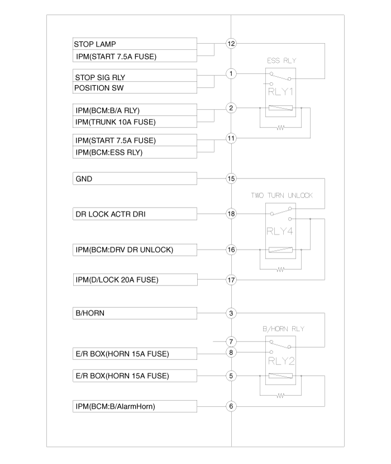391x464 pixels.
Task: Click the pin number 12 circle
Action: pos(231,44)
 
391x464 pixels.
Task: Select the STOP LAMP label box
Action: pos(135,44)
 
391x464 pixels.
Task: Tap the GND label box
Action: pos(135,179)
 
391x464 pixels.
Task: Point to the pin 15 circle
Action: pos(231,179)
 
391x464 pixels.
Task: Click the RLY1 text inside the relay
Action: pos(280,91)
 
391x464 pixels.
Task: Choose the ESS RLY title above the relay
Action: pos(282,60)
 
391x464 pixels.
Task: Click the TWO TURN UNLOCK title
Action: pos(282,195)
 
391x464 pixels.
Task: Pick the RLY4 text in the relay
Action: pos(280,231)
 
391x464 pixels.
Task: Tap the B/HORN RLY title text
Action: pos(284,329)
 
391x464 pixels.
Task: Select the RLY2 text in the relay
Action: pos(281,361)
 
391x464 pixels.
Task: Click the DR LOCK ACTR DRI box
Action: pos(135,214)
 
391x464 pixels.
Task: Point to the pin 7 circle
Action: pos(231,341)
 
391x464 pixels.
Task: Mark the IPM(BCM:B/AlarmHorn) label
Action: pos(115,406)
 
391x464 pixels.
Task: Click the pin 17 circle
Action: pos(231,280)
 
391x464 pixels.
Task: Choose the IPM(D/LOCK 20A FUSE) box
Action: pos(135,280)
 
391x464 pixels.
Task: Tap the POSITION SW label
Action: pos(99,88)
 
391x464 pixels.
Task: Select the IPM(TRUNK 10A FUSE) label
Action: pos(116,122)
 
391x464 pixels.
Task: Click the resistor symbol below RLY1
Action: pos(280,128)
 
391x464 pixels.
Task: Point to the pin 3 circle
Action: pos(231,313)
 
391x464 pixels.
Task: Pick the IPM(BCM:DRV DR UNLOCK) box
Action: pos(135,250)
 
